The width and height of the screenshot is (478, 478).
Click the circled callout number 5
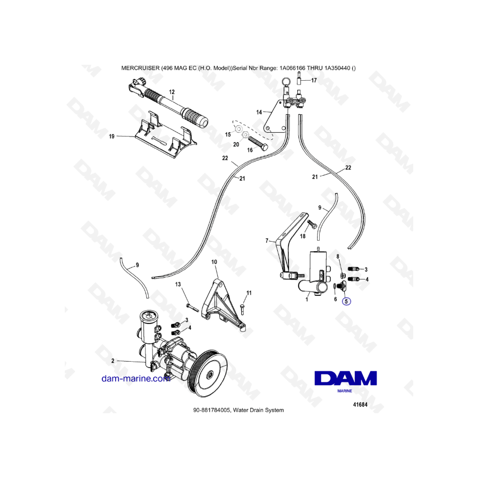tap(346, 301)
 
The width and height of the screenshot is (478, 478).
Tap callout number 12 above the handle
tap(172, 92)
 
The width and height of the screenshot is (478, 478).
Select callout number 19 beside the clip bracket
tap(112, 136)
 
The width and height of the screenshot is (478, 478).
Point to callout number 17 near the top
tap(314, 80)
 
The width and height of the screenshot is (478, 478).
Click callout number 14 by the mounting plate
tap(259, 112)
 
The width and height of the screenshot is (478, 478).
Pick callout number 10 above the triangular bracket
tap(214, 262)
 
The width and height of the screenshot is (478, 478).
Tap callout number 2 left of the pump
tap(113, 361)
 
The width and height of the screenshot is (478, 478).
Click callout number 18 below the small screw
tap(302, 236)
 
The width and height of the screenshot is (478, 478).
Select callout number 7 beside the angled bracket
tap(267, 241)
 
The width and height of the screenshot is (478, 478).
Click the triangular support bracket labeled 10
tap(223, 305)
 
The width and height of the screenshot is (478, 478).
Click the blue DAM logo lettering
tap(345, 378)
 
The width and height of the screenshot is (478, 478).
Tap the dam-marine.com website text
tap(135, 379)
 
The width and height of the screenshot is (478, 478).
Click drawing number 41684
tap(360, 405)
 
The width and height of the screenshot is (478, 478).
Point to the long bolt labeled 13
tap(192, 308)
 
